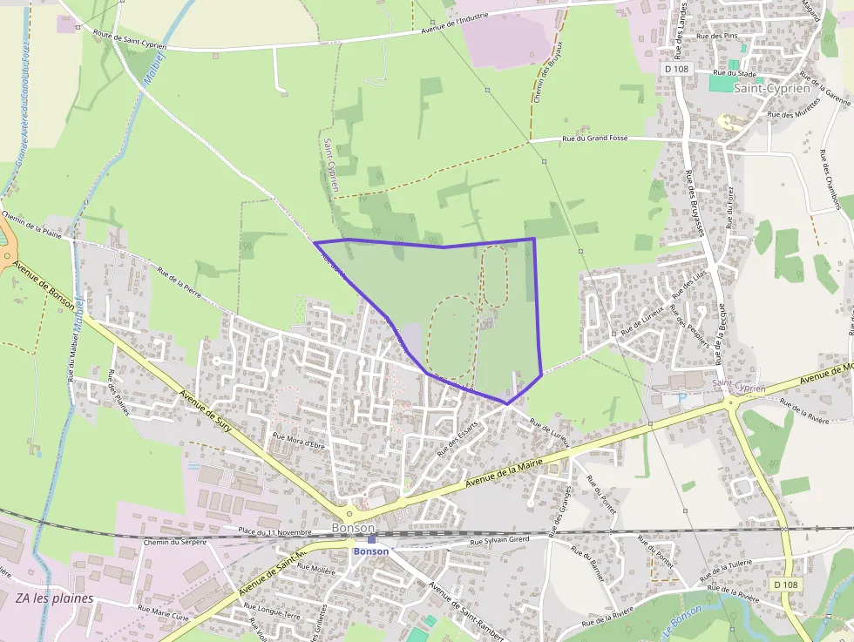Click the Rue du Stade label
coord(731,73)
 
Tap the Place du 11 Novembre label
coord(274,530)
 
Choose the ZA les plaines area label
coord(55,598)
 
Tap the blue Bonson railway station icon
coord(372,540)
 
